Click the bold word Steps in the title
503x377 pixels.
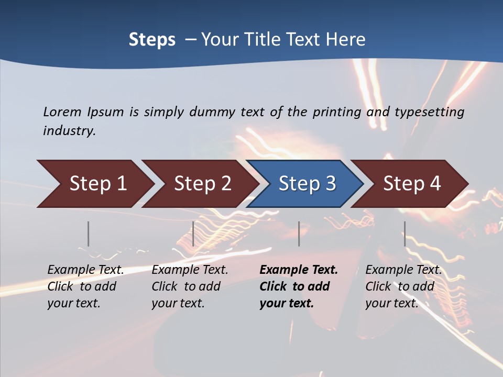coord(152,40)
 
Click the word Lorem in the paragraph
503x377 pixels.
coord(61,112)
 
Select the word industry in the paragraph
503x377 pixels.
coord(69,131)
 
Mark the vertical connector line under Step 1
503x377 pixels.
coord(89,234)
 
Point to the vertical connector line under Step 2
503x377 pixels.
coord(193,234)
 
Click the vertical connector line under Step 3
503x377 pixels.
coord(299,234)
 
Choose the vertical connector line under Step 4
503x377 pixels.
coord(404,234)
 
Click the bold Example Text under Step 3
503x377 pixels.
coord(299,270)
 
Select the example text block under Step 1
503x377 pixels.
coord(85,286)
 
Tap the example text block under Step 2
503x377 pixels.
coord(190,286)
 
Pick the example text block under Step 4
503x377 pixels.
coord(403,286)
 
